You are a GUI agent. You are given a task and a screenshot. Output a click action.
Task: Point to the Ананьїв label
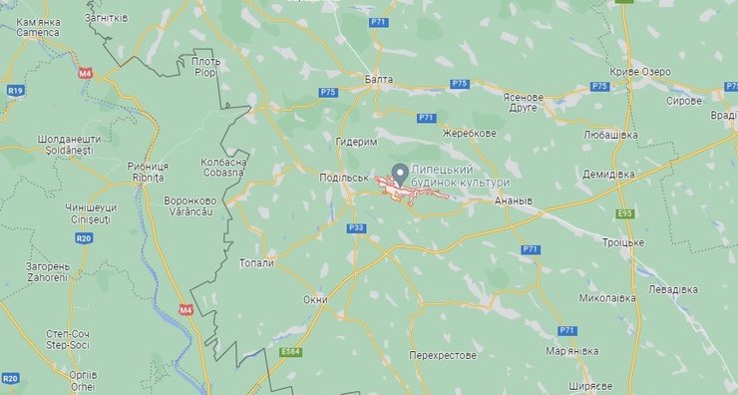514,199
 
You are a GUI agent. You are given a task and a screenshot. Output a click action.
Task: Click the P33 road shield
356,228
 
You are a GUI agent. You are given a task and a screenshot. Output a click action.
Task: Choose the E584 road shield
292,351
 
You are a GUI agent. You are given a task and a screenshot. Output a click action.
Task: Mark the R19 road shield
15,90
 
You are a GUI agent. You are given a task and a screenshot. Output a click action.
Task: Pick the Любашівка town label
610,133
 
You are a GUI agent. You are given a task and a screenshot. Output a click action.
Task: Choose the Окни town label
315,299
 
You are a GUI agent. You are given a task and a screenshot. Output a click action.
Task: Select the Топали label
256,263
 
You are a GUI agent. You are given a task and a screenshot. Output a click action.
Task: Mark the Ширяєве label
587,384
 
